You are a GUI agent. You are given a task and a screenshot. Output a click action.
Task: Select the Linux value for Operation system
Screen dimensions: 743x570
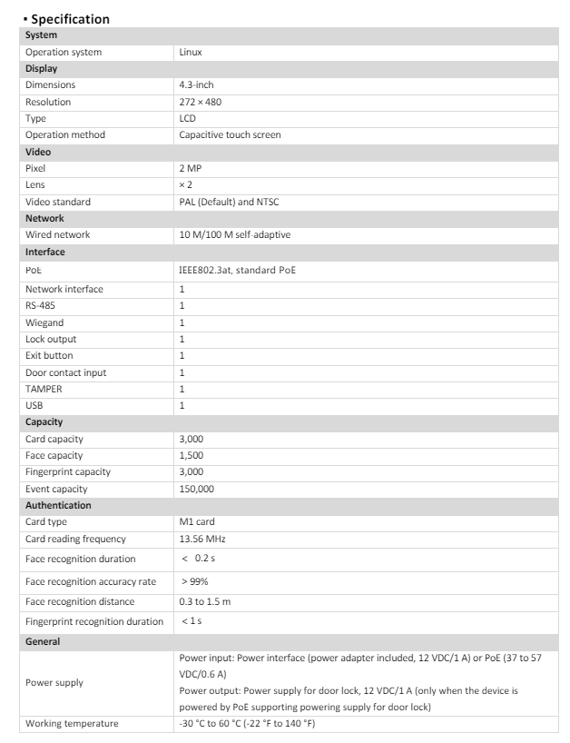tap(191, 53)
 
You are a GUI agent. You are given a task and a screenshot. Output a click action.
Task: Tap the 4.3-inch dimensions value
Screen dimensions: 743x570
tap(196, 85)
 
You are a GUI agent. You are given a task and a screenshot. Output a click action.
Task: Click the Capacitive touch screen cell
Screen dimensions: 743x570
tap(230, 135)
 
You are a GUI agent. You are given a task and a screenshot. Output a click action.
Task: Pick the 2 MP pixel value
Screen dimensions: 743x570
tap(191, 168)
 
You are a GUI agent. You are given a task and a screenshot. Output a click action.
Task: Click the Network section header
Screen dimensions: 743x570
tap(44, 218)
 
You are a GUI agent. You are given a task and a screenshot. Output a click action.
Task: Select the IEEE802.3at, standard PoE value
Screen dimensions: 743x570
tap(237, 270)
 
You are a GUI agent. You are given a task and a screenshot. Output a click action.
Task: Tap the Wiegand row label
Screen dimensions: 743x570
tap(44, 322)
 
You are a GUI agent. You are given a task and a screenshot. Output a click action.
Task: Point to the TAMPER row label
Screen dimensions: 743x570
tap(44, 389)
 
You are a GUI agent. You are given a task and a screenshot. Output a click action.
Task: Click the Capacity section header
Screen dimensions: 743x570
tap(44, 422)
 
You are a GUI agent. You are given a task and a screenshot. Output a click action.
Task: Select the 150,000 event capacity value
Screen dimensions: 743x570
tap(197, 489)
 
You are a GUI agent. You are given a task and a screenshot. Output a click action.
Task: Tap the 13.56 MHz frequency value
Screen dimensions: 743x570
tap(202, 539)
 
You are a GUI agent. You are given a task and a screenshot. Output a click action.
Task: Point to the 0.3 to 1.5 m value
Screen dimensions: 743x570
tap(205, 601)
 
